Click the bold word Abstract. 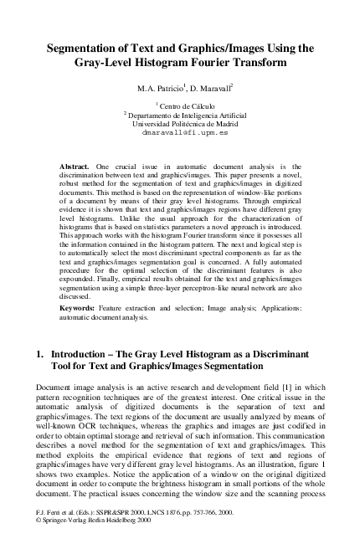point(76,167)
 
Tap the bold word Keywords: point(80,308)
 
